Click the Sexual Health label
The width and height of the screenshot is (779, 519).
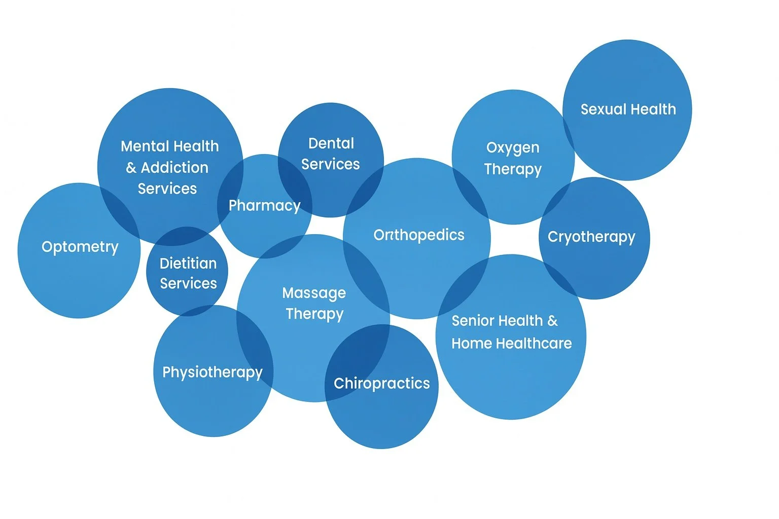point(628,109)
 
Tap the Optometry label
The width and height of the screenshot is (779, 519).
point(80,247)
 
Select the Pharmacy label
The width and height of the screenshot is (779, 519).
point(264,206)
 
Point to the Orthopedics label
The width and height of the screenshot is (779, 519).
point(419,235)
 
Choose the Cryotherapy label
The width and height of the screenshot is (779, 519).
point(591,237)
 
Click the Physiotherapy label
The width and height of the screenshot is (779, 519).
point(213,373)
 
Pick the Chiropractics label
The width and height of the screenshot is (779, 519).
point(381,384)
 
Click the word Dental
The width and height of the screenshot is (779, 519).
point(331,143)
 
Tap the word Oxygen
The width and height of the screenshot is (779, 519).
point(513,148)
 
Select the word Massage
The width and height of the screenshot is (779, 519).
point(314,293)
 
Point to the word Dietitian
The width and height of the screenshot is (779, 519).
point(188,264)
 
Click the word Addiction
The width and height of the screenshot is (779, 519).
point(174,168)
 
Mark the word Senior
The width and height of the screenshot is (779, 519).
point(468,321)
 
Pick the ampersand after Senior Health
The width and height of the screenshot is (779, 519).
point(552,321)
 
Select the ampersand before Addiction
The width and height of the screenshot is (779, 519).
point(131,168)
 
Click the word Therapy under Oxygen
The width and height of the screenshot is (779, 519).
point(513,169)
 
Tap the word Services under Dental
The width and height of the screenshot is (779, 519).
point(330,164)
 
